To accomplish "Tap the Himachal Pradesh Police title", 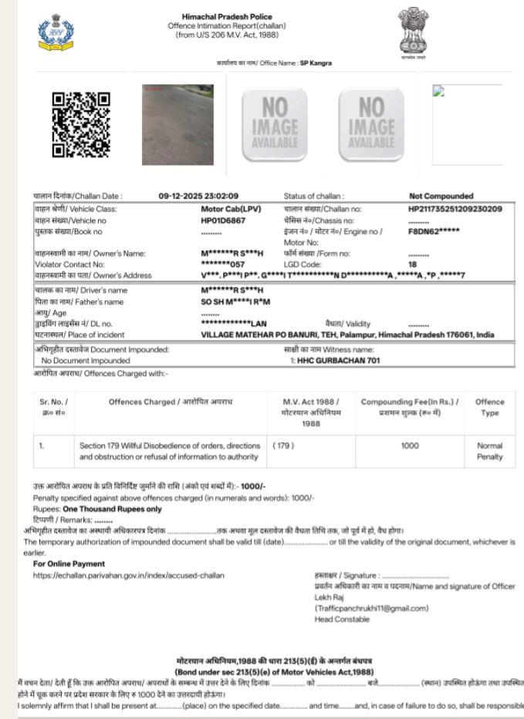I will point(227,16).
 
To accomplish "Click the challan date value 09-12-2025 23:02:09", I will point(198,196).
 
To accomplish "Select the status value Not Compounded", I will point(441,196).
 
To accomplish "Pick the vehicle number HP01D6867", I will point(223,220).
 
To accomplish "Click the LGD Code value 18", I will point(413,264).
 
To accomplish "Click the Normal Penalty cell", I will point(489,451).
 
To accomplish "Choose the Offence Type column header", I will point(489,407).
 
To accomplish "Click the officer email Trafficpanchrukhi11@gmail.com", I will point(371,608).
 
